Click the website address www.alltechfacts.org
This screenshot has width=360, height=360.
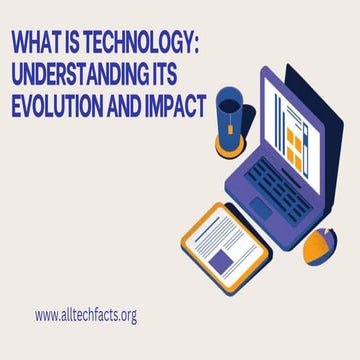85,315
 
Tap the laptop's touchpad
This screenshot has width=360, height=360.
261,206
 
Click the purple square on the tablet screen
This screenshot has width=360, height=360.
219,260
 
